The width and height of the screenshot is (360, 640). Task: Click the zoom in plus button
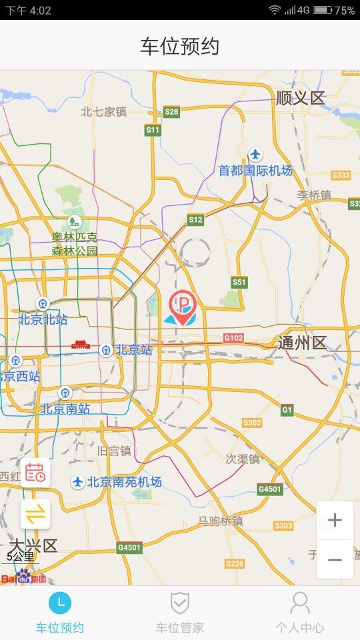tap(335, 520)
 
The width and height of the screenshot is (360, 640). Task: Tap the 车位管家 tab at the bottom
tap(179, 612)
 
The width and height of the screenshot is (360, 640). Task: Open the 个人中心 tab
tap(299, 612)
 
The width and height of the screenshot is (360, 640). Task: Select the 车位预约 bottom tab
tap(60, 612)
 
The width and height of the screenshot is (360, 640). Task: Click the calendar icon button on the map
tap(35, 473)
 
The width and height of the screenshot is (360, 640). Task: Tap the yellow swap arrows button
tap(35, 514)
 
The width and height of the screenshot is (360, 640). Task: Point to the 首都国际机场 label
tap(255, 171)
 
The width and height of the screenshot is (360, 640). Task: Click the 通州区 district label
tap(302, 343)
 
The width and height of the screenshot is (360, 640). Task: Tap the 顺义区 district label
tap(300, 99)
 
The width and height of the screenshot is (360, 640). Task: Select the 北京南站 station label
tap(65, 408)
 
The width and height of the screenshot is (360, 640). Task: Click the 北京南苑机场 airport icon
tap(78, 482)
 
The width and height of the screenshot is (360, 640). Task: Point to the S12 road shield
tap(195, 219)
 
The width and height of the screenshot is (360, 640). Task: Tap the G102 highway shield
tap(233, 339)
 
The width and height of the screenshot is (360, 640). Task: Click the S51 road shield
tap(239, 283)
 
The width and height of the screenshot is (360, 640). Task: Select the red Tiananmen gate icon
tap(80, 345)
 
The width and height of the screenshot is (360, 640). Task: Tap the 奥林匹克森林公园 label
tap(75, 244)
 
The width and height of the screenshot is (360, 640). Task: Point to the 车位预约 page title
tap(180, 46)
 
